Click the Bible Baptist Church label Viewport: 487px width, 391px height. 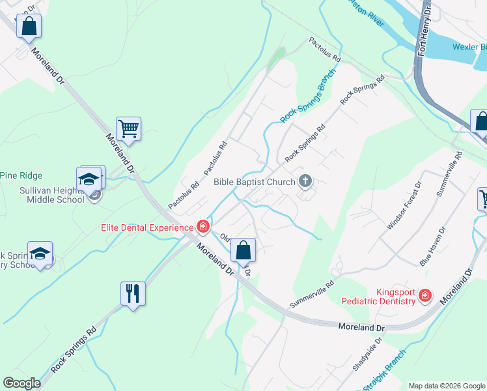pos(255,182)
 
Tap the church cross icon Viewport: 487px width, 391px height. pos(305,182)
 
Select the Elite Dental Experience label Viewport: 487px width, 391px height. pos(147,227)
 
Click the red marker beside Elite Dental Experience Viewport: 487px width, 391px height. pos(203,227)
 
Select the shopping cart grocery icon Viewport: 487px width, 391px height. pos(129,128)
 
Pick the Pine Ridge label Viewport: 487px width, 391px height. pos(21,175)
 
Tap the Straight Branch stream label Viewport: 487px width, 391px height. pos(383,371)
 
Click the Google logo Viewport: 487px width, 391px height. pos(22,383)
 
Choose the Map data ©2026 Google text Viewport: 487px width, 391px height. pos(446,386)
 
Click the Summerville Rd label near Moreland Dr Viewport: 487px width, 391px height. pos(312,294)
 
